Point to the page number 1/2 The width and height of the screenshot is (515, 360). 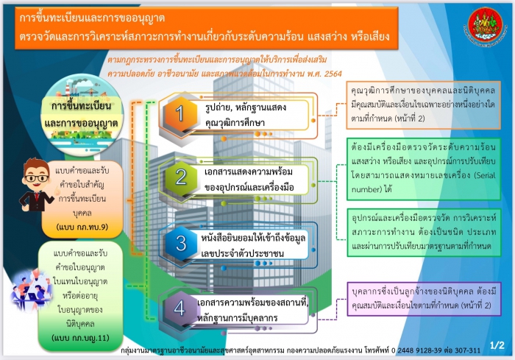pos(497,344)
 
